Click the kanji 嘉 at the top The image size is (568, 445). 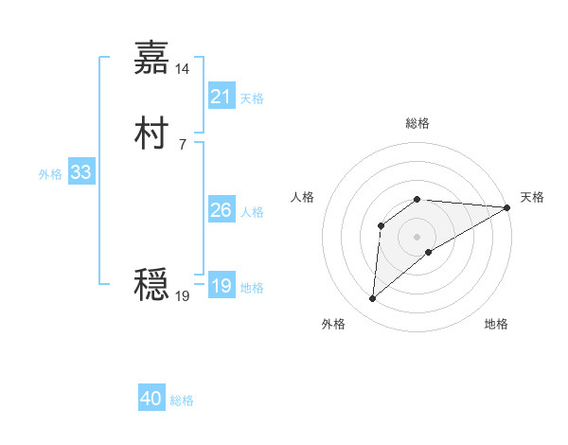(151, 58)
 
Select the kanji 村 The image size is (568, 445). (151, 133)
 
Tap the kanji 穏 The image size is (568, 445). (151, 285)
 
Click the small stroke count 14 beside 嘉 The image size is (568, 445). (183, 69)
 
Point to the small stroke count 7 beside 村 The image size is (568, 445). (183, 145)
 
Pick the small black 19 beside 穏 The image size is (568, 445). (183, 296)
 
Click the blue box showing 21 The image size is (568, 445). (221, 97)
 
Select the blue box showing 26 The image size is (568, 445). (221, 210)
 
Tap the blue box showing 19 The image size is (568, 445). (221, 286)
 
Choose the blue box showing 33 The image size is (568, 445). (80, 172)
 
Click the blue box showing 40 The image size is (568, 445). (151, 399)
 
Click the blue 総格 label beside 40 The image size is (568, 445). (182, 400)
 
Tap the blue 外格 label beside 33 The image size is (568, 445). (50, 174)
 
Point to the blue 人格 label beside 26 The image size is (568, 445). (252, 212)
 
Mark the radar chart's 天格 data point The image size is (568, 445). (507, 207)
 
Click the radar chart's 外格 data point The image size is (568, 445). (372, 299)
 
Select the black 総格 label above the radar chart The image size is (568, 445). (417, 123)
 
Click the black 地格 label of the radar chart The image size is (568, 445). (496, 324)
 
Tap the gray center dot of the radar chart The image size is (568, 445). (417, 237)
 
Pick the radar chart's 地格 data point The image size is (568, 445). (429, 252)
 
